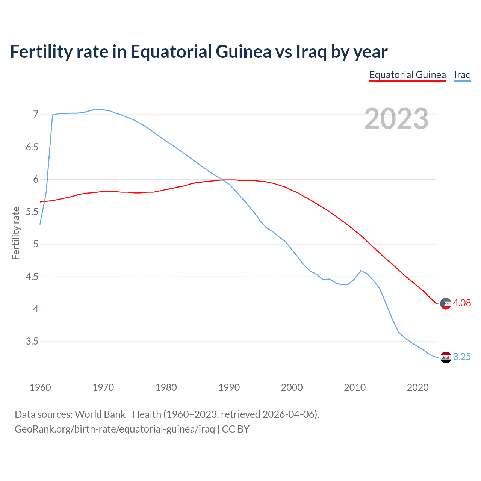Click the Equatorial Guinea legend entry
(407, 75)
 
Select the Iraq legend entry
(462, 75)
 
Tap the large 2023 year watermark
(396, 119)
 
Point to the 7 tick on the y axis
(36, 114)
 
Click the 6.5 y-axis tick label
(32, 147)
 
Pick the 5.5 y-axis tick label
(32, 212)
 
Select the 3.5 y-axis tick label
(32, 342)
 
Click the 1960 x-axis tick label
(40, 387)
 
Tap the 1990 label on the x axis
(229, 387)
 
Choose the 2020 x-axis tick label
(417, 387)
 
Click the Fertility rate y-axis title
(16, 233)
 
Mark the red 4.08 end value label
(462, 303)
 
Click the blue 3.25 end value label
(462, 357)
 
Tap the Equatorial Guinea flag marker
(446, 303)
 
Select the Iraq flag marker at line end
(446, 357)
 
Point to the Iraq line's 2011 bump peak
(361, 271)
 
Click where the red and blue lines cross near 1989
(223, 180)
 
